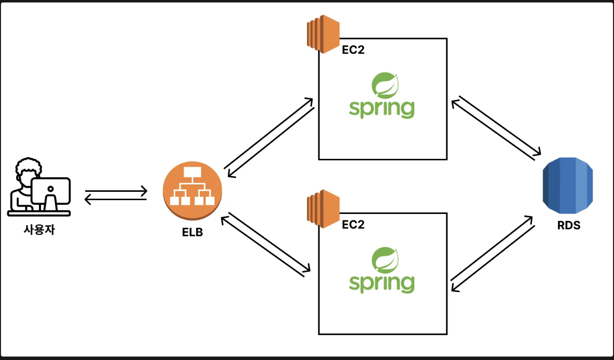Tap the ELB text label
(x=192, y=232)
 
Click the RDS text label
(x=568, y=226)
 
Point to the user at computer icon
(x=39, y=187)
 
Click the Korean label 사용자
(x=39, y=230)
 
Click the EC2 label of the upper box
(x=353, y=50)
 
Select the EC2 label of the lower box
(x=353, y=225)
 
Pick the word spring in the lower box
(x=381, y=283)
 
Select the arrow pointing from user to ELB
(x=116, y=190)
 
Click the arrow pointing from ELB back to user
(x=116, y=199)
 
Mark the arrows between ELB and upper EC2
(x=269, y=138)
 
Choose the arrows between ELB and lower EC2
(x=267, y=242)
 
